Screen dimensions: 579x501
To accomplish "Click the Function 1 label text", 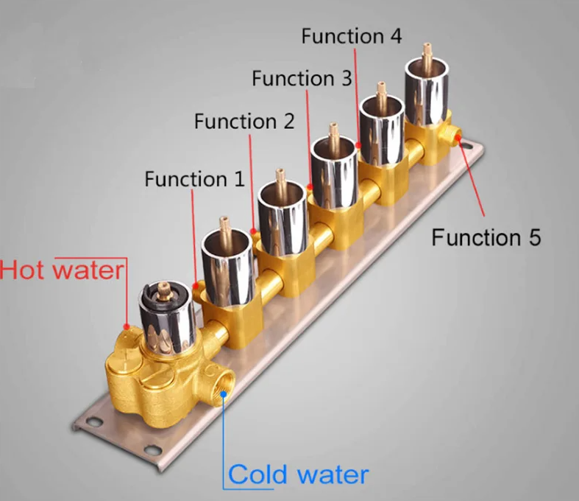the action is pos(195,179).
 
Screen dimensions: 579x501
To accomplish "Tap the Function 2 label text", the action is pos(244,122).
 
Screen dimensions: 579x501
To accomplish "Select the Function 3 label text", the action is pos(302,78).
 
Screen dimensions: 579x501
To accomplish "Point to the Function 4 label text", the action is pos(352,36).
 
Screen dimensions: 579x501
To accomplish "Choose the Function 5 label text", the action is pos(486,237).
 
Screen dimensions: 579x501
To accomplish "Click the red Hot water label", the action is pos(62,270).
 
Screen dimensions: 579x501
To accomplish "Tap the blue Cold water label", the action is pos(299,474).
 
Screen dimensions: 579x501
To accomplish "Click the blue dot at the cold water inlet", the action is pos(224,394).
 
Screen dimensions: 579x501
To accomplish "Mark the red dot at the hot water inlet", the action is pos(127,327).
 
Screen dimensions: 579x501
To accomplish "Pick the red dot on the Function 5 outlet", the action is pos(458,138).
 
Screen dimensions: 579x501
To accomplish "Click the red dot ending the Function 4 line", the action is pos(358,145).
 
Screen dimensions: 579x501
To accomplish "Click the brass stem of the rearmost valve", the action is pos(427,52).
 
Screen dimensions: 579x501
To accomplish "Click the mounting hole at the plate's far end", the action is pos(468,146).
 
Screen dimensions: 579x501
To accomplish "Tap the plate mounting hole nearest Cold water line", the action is pos(152,450).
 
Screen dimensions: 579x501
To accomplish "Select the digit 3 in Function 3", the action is pos(346,78).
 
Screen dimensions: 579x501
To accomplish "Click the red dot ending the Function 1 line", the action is pos(196,286).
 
